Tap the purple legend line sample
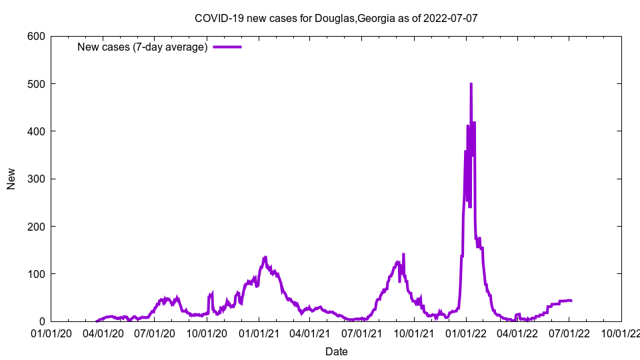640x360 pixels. tap(227, 47)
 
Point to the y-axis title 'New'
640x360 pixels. tap(11, 179)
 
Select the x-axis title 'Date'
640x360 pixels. tap(336, 351)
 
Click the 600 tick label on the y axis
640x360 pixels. tap(37, 36)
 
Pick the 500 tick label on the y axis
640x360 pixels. tap(37, 84)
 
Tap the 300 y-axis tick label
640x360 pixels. tap(37, 179)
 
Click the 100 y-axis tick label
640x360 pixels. tap(37, 274)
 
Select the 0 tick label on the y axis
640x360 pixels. tap(42, 321)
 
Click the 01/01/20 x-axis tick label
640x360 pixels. tap(51, 333)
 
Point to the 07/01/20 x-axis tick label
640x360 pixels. tap(154, 333)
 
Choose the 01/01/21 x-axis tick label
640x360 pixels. tap(259, 333)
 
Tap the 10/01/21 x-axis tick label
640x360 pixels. tap(414, 333)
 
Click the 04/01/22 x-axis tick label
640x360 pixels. tap(517, 333)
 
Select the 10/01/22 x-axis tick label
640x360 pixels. tap(621, 333)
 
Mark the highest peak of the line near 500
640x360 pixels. tap(471, 84)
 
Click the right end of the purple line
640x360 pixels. tap(571, 301)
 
